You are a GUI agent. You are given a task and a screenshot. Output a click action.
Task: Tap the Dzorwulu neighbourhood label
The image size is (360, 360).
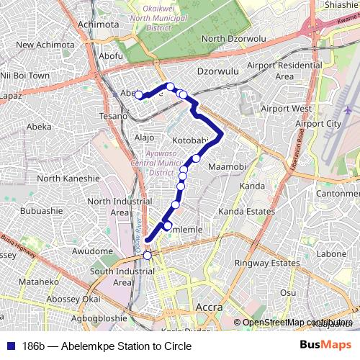[217, 72]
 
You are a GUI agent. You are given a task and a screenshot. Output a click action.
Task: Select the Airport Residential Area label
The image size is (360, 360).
[284, 71]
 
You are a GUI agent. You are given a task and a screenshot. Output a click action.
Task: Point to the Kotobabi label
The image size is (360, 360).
[191, 140]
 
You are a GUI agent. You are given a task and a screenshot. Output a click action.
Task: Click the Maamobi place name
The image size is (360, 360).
[228, 168]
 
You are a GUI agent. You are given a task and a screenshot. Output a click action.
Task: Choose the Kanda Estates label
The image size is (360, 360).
[247, 212]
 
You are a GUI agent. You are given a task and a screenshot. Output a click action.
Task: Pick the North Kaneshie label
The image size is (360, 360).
[68, 179]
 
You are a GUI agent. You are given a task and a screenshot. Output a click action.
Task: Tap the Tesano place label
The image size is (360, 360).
[114, 115]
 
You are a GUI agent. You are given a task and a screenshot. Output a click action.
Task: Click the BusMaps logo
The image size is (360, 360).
[325, 346]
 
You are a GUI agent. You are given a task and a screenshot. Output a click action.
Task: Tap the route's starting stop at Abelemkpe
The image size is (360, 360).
[138, 94]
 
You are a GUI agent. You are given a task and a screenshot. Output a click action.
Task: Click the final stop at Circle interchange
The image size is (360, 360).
[148, 255]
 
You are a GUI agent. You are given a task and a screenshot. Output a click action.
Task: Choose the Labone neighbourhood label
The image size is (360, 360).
[332, 254]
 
